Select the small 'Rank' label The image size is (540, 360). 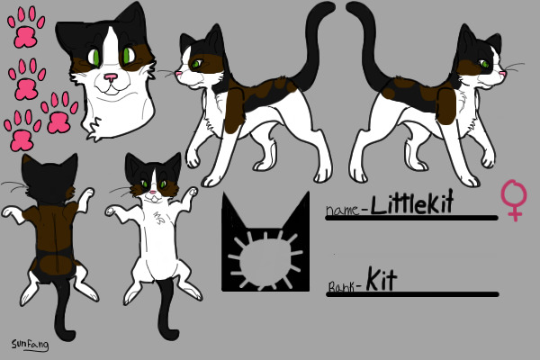click(x=343, y=288)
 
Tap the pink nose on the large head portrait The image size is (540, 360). click(x=110, y=78)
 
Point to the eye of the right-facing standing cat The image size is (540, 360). click(x=486, y=63)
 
